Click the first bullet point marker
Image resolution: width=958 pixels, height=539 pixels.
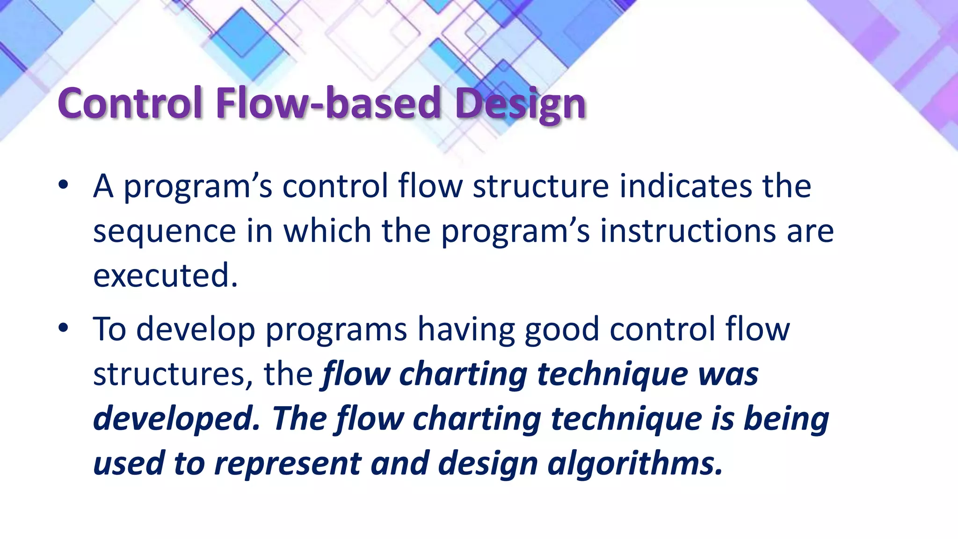[x=64, y=186]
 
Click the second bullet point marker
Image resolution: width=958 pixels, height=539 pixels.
[x=64, y=328]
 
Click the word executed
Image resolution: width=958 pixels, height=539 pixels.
[x=165, y=276]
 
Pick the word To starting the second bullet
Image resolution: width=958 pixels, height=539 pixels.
[x=109, y=329]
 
